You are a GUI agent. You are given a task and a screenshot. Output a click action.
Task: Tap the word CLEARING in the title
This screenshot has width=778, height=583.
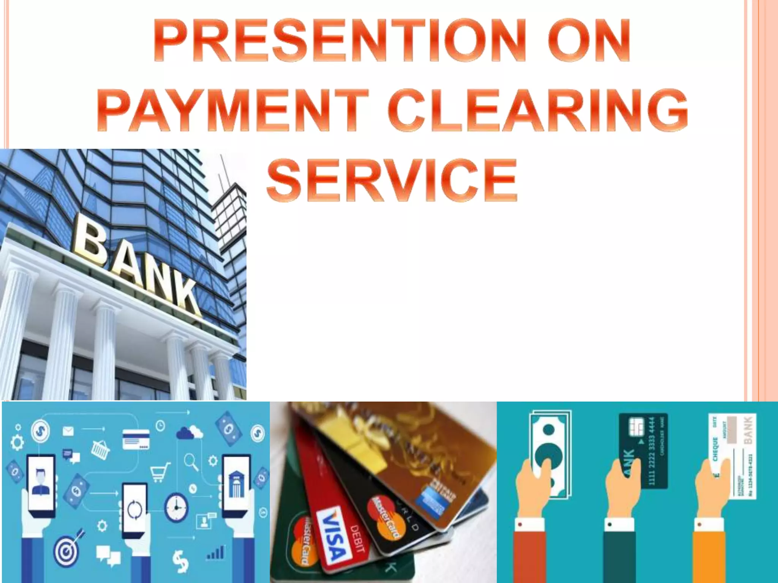(x=538, y=110)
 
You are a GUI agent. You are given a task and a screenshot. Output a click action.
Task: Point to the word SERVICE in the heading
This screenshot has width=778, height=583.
(x=392, y=180)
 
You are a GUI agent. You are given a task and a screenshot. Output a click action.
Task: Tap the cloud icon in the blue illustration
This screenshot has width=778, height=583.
(x=189, y=432)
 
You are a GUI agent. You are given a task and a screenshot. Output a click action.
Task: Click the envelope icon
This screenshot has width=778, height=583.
(x=68, y=431)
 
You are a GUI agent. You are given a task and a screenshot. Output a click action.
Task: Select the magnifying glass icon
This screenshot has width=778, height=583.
(x=191, y=462)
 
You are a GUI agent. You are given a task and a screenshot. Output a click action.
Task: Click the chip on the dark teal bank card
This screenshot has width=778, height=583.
(x=636, y=427)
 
